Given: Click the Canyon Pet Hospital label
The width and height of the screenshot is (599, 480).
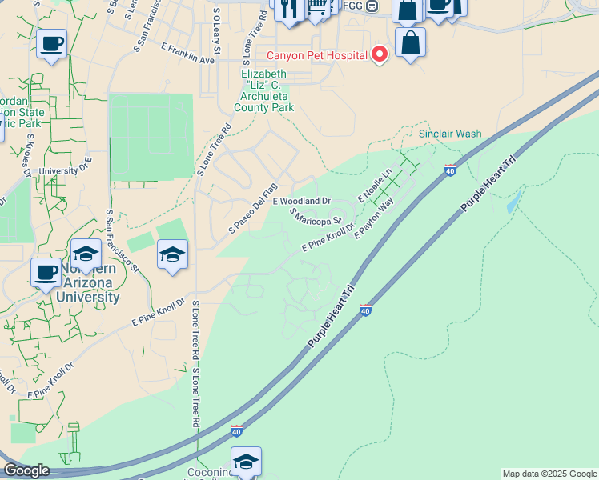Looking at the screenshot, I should [317, 55].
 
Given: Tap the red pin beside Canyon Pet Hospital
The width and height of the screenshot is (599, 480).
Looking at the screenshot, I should [380, 54].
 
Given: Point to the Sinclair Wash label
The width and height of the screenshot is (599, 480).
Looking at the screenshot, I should [451, 134].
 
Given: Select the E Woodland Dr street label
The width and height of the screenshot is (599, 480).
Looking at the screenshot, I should [303, 201].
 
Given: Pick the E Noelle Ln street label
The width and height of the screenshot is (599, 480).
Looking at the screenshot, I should [375, 185].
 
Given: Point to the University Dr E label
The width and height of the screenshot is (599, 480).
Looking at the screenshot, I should [66, 170].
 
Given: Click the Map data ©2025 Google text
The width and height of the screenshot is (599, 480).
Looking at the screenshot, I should [549, 474].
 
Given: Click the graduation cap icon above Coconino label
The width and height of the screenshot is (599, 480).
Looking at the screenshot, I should [246, 461].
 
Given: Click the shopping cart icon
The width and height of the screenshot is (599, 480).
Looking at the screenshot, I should [317, 7].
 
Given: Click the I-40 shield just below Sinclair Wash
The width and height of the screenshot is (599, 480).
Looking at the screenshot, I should [450, 170].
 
